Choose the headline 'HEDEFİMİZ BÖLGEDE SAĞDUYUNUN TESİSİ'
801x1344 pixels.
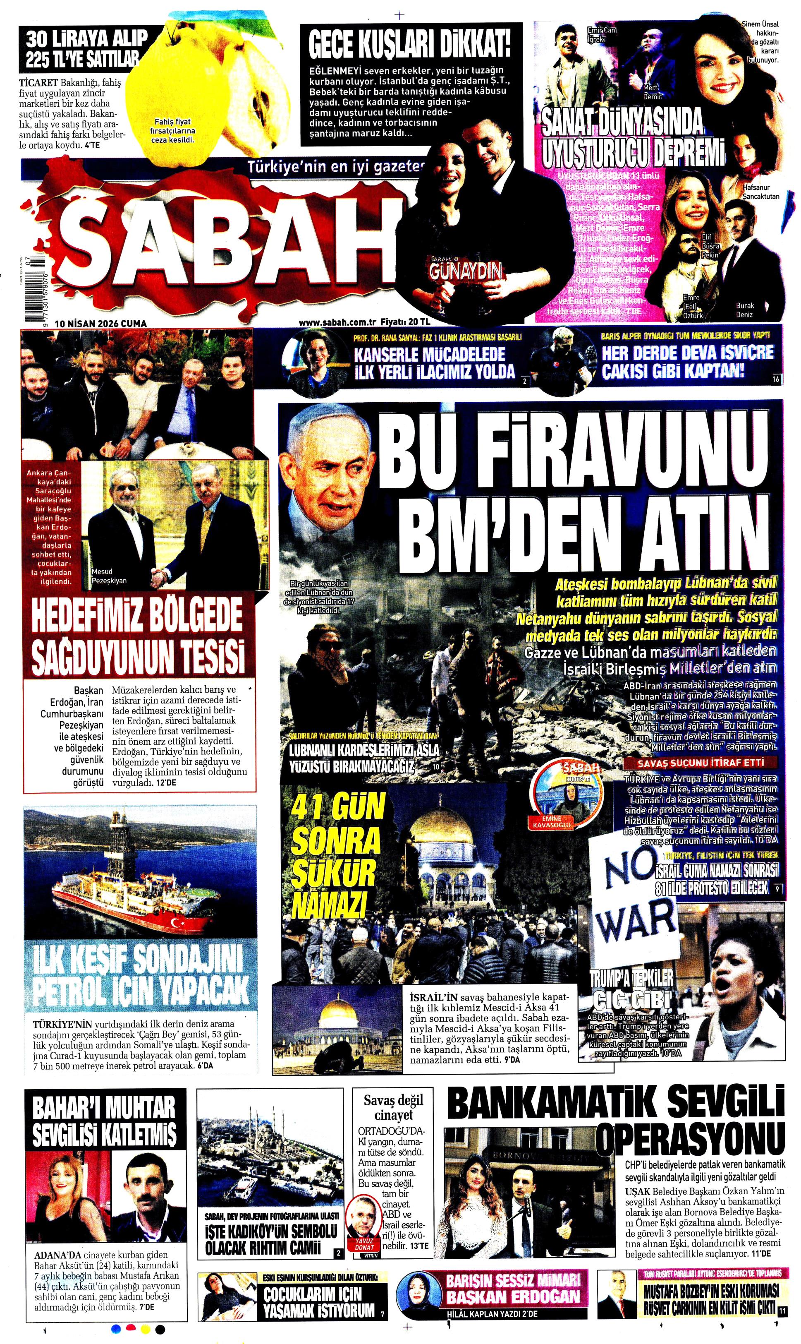pos(138,637)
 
